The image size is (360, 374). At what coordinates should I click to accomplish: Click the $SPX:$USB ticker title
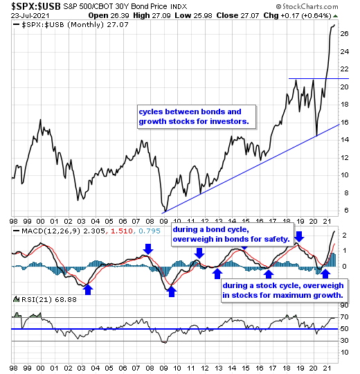click(x=36, y=6)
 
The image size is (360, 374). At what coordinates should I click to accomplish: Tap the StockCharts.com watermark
click(x=307, y=6)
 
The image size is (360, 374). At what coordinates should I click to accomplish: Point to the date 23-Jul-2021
click(x=30, y=16)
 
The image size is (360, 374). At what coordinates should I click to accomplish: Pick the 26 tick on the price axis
click(x=344, y=34)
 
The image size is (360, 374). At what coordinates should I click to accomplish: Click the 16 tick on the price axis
click(x=344, y=122)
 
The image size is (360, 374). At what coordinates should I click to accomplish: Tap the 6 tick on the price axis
click(x=346, y=210)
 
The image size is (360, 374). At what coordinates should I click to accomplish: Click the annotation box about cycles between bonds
click(x=197, y=116)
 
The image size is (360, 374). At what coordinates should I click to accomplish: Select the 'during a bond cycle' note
click(x=232, y=234)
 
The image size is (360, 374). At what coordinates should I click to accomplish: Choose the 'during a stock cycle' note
click(x=284, y=290)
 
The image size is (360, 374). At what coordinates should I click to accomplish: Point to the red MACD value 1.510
click(x=122, y=231)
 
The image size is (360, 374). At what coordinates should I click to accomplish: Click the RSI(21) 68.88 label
click(x=49, y=299)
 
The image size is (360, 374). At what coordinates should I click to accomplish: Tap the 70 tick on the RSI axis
click(x=344, y=317)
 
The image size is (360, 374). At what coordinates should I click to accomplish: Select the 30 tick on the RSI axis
click(x=344, y=341)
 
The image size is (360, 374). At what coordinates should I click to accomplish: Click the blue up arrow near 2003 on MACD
click(x=88, y=290)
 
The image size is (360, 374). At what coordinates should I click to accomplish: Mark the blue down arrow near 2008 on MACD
click(x=148, y=249)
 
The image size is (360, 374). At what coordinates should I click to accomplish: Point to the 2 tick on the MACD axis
click(x=344, y=235)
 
